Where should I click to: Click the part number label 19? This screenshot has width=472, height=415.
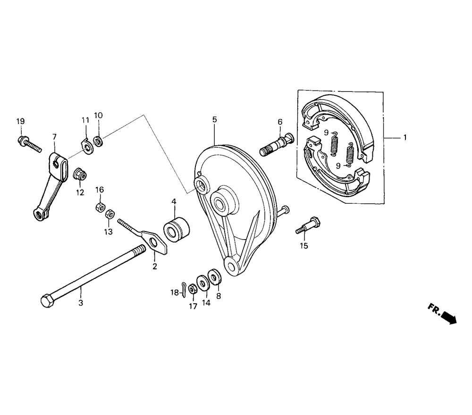point(20,122)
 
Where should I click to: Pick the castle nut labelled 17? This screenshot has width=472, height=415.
point(193,289)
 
